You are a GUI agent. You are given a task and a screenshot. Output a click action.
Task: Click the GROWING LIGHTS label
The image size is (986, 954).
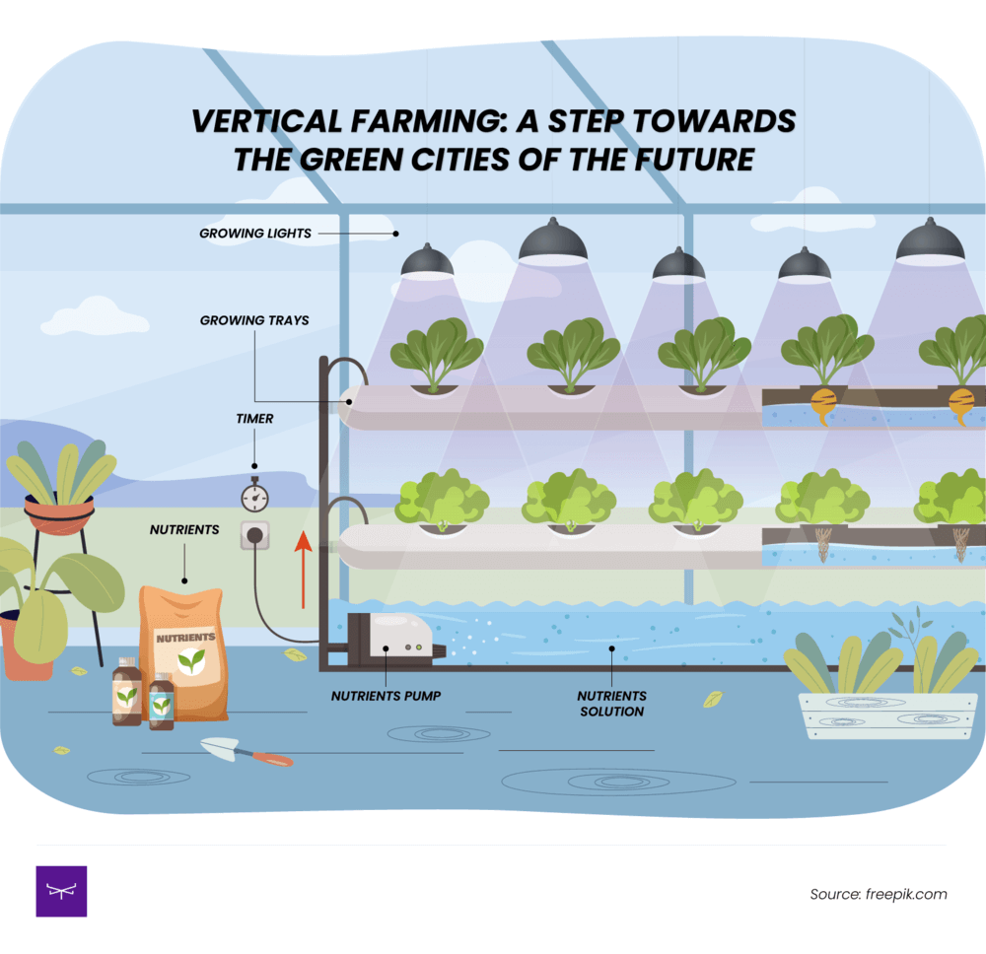255,234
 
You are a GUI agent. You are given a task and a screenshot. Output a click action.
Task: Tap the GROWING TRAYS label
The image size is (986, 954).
254,320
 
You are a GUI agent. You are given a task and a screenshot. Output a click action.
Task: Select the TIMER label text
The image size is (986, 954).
254,419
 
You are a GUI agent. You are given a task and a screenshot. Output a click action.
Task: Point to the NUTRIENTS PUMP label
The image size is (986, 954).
386,696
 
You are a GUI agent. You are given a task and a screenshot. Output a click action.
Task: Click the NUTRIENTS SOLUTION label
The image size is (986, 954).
611,703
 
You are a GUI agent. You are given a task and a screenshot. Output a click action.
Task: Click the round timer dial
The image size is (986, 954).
254,497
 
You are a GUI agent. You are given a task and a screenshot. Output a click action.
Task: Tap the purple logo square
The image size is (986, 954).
61,891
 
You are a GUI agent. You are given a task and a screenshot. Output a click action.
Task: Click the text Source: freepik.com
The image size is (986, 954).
878,894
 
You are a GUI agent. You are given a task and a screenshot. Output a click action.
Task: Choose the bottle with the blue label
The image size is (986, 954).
161,702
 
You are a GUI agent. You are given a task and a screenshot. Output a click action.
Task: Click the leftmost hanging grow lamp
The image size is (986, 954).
427,261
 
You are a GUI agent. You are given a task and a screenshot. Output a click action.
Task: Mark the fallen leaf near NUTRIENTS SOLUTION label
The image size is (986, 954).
712,699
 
